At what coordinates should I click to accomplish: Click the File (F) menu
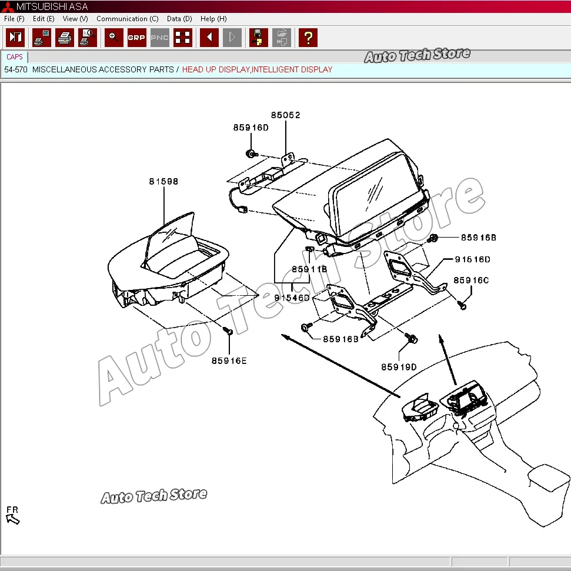(14, 19)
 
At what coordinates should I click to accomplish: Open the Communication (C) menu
(127, 19)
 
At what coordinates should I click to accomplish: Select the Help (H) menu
(213, 19)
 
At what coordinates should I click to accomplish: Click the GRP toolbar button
(136, 38)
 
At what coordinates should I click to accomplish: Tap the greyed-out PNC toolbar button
(160, 38)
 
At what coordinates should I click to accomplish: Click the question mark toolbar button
(308, 38)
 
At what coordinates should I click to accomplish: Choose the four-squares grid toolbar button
(183, 38)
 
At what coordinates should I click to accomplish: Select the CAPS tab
(15, 57)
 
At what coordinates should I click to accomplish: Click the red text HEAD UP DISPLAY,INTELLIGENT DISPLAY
(257, 69)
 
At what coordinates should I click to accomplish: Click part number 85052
(285, 115)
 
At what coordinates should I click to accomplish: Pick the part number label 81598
(163, 182)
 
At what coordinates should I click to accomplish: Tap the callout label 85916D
(251, 128)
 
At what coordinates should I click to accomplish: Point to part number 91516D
(472, 259)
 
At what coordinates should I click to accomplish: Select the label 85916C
(470, 281)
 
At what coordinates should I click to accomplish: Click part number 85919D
(399, 367)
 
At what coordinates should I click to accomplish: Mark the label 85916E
(229, 360)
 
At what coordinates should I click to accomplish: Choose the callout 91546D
(292, 298)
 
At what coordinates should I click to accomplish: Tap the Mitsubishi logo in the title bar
(8, 6)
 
